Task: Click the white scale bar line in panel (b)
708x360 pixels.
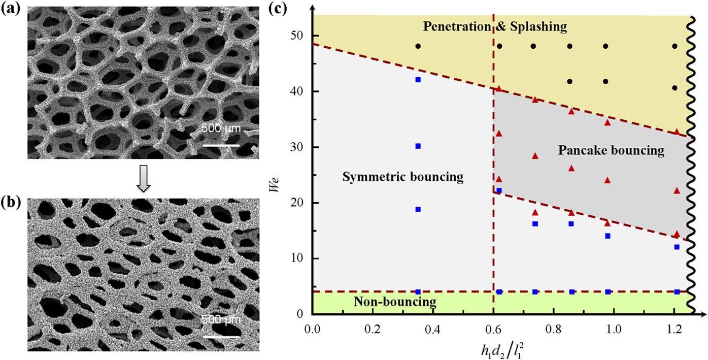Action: (x=221, y=336)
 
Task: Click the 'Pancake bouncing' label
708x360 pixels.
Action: (x=611, y=150)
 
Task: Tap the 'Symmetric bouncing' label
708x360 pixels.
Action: (x=403, y=177)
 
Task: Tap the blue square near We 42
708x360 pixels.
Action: (x=418, y=80)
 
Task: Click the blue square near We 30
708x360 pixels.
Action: (x=418, y=146)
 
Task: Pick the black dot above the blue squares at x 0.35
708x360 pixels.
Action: (x=418, y=46)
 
